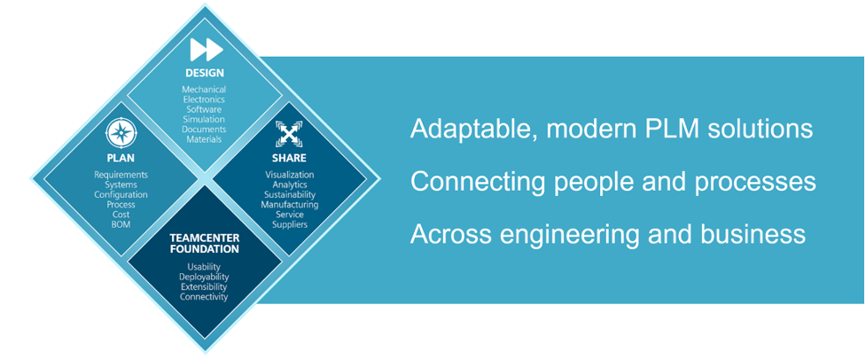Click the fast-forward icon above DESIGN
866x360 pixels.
click(207, 50)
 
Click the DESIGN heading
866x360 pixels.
click(205, 73)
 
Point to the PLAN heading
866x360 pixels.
click(121, 159)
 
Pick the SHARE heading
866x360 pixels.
click(289, 159)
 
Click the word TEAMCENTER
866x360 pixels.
click(205, 238)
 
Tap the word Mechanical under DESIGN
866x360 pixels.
click(204, 90)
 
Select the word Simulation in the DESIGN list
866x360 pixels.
click(205, 120)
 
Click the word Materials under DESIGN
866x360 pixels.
click(204, 139)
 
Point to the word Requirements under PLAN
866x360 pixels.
click(121, 175)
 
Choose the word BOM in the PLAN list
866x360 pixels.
click(121, 224)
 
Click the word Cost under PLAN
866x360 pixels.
click(121, 215)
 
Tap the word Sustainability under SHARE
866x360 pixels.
click(289, 194)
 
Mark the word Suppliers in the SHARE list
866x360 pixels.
click(290, 224)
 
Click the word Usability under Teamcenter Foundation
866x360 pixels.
click(204, 267)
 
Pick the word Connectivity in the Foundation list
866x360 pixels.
click(204, 297)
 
